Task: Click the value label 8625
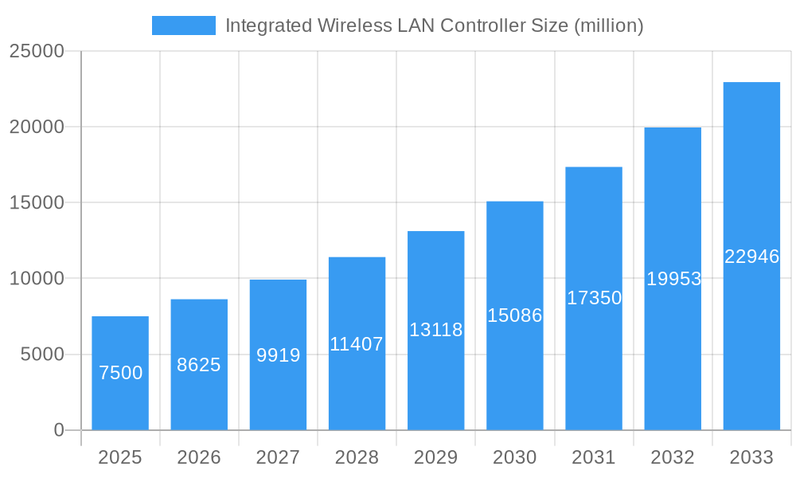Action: pos(199,365)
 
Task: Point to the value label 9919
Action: pos(278,355)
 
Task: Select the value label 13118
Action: pos(435,330)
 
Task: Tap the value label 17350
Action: pos(594,298)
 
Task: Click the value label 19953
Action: pos(673,279)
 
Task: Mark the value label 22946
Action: pos(751,257)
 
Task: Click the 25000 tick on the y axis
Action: pos(36,51)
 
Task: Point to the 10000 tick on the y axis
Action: pos(36,279)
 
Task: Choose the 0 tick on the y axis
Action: pos(58,430)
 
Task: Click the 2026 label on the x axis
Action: pos(199,457)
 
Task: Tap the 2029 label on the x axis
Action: pos(435,457)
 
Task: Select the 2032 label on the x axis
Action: pos(673,457)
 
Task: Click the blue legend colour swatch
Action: pos(184,25)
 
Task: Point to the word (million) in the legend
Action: pos(608,25)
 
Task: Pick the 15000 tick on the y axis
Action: pos(36,202)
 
